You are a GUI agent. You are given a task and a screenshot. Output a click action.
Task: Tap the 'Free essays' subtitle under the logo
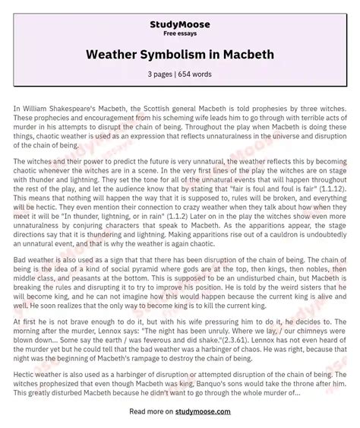[x=180, y=24]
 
